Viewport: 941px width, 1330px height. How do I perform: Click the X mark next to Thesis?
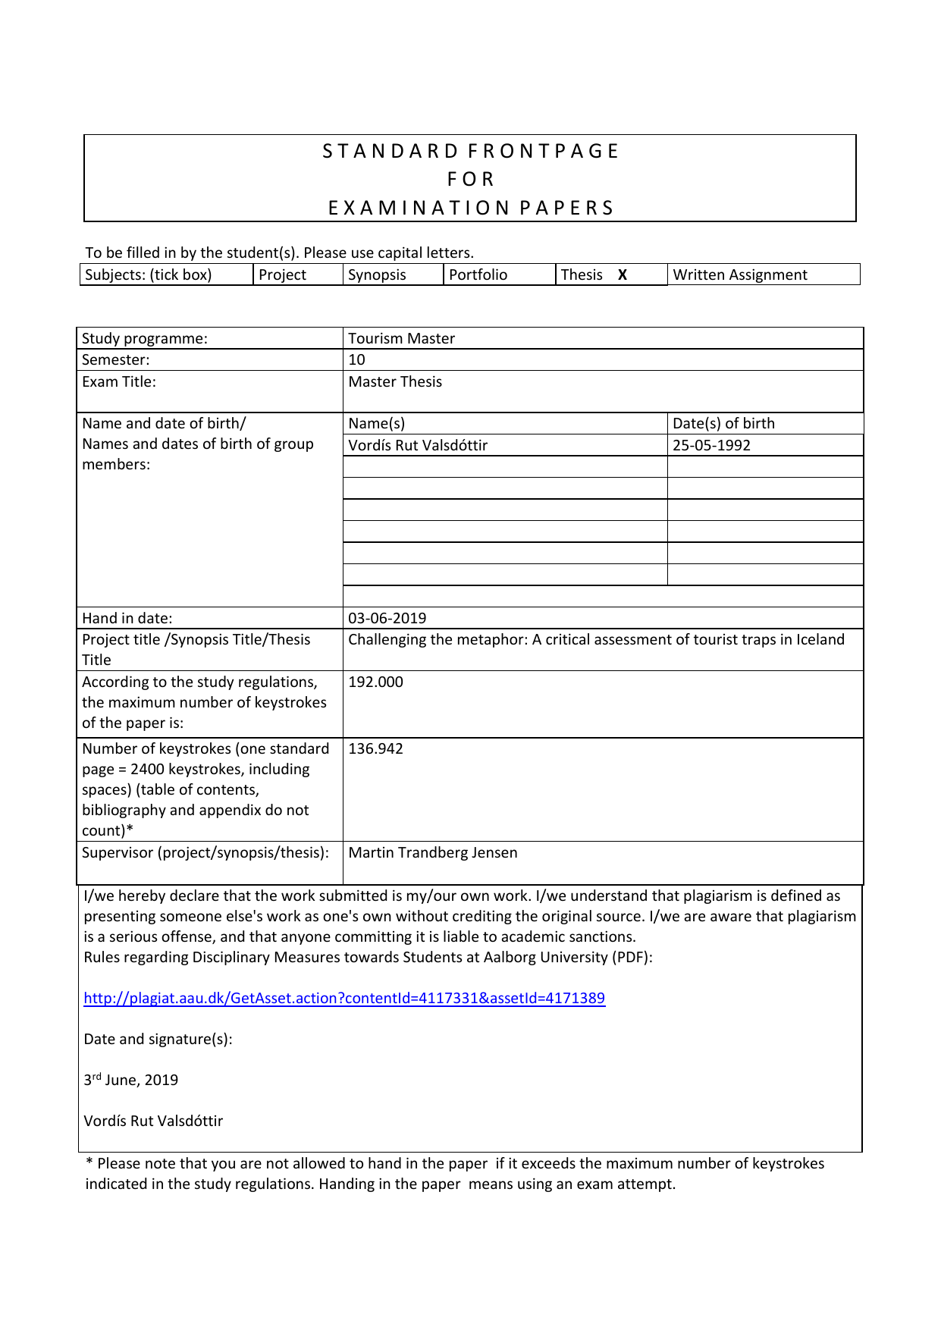622,275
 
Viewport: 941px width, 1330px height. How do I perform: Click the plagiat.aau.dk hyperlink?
344,998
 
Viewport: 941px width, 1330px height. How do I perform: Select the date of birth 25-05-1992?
711,445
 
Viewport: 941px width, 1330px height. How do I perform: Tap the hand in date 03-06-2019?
387,618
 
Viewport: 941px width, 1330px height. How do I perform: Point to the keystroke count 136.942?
375,748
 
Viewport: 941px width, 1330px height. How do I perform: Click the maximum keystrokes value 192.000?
375,682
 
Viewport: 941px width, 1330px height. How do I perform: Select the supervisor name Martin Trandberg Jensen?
432,852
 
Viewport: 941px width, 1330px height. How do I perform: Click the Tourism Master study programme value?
401,338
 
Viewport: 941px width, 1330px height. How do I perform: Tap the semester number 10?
356,359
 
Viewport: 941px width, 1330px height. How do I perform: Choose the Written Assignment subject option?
740,274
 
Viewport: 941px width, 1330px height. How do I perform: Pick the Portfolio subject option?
478,274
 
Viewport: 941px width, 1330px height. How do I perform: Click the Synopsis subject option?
377,274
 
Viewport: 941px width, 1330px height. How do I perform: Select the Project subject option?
282,274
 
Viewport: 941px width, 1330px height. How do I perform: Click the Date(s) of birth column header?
723,423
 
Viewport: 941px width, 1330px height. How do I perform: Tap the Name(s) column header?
376,423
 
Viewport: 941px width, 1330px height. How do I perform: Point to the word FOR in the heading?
470,179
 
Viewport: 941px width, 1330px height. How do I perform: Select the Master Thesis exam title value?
394,381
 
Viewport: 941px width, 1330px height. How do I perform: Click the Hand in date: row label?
127,618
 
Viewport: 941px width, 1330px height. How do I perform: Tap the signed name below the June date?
153,1121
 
